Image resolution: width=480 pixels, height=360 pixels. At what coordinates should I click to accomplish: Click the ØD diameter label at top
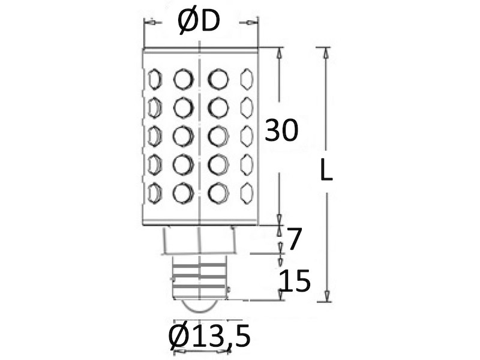coord(199,22)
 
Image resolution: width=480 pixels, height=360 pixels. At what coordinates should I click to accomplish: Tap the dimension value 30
coord(281,130)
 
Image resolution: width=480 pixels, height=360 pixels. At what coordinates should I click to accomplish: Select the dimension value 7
coord(292,239)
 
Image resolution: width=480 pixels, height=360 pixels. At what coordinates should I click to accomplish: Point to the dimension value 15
coord(295,281)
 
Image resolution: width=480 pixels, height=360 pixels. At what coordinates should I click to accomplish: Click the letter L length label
coord(326,172)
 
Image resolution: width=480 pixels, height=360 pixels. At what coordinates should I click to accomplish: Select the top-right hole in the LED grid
coord(246,78)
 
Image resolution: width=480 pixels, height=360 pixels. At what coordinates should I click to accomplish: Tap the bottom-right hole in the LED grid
coord(246,192)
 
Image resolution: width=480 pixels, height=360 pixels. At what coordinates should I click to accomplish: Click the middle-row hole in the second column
coord(182,135)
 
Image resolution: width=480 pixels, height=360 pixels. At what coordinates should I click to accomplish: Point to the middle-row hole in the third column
coord(218,135)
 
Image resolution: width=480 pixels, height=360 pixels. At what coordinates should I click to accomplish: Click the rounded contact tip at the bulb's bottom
coord(199,305)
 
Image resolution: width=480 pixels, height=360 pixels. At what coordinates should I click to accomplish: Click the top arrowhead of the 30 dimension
coord(279,53)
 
